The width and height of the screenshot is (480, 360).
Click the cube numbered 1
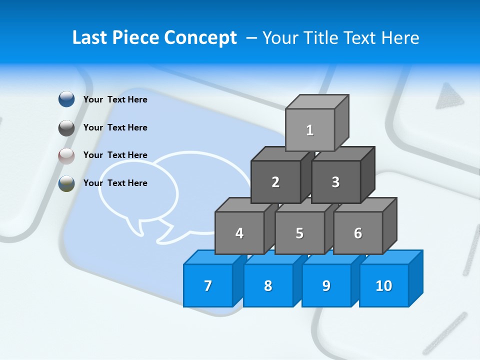click(x=310, y=130)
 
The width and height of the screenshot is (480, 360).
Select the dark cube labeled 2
click(x=275, y=182)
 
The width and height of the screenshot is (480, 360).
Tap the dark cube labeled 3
click(x=335, y=182)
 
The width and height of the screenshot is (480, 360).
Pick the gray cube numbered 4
click(x=239, y=233)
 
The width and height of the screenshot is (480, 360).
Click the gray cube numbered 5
click(x=299, y=233)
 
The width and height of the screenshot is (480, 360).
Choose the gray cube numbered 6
click(x=358, y=233)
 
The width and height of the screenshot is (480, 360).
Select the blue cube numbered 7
click(x=208, y=285)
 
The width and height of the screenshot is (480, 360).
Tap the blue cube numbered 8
click(x=268, y=285)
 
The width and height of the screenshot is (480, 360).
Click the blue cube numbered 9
click(x=326, y=285)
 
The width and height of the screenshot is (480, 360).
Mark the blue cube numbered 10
click(x=384, y=285)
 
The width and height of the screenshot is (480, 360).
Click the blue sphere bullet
click(x=66, y=99)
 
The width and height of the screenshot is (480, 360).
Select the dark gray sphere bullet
click(x=66, y=128)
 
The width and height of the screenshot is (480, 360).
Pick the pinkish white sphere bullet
click(x=66, y=156)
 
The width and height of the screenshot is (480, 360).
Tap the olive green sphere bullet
click(x=66, y=183)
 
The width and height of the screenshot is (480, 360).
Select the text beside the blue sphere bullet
click(x=115, y=99)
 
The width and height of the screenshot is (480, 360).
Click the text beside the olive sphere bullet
click(x=115, y=183)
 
